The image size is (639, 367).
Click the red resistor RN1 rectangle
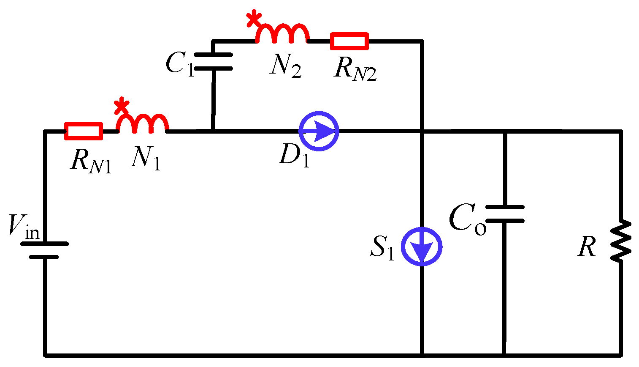(x=84, y=131)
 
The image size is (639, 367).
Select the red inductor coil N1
(x=143, y=124)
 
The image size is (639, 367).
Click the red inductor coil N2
(x=282, y=34)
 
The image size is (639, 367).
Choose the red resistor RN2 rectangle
(x=349, y=41)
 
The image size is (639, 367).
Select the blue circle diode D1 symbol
(x=319, y=131)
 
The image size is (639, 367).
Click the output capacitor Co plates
(x=505, y=214)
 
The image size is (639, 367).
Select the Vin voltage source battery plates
(x=44, y=250)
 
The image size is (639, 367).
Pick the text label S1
(x=382, y=248)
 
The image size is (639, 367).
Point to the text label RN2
(x=355, y=69)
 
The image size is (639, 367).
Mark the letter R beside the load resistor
(x=587, y=246)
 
